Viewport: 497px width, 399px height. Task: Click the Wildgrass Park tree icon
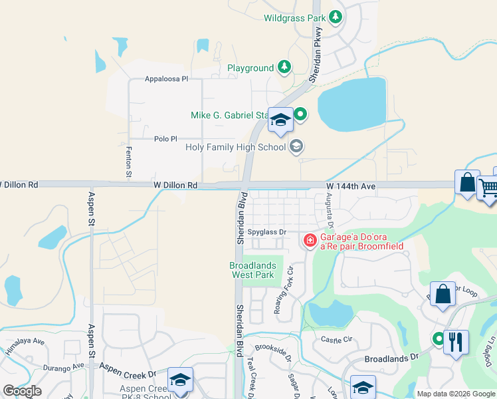(336, 18)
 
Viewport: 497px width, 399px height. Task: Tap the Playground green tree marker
(284, 67)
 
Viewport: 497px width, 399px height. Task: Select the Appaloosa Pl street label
(167, 79)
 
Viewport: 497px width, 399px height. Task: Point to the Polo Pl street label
(165, 138)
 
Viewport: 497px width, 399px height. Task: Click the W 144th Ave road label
(351, 187)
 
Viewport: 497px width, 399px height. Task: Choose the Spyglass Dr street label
(266, 232)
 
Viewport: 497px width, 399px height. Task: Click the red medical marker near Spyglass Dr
(310, 240)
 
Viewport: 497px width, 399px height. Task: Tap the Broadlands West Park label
(252, 270)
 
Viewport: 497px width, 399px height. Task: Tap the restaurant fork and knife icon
(456, 342)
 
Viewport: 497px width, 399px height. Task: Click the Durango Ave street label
(65, 366)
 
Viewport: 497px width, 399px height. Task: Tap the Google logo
(22, 391)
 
